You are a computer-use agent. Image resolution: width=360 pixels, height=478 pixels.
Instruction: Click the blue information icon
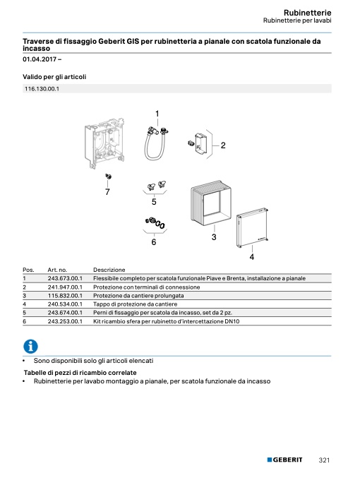(30, 346)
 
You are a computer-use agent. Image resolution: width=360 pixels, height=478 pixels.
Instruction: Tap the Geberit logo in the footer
(284, 460)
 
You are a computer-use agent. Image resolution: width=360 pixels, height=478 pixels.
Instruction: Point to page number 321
(324, 460)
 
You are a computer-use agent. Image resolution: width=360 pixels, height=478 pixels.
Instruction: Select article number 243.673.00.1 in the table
(65, 278)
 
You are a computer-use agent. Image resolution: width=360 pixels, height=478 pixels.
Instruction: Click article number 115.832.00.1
(65, 295)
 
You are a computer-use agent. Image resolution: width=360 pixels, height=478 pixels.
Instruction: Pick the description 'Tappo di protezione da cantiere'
(135, 304)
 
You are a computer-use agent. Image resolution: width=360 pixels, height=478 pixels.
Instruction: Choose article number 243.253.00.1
(65, 321)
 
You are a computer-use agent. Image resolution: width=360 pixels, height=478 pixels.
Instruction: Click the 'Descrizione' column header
(109, 270)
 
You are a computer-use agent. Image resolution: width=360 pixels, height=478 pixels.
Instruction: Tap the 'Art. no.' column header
(57, 270)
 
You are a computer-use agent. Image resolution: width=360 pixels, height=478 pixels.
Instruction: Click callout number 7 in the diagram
(107, 192)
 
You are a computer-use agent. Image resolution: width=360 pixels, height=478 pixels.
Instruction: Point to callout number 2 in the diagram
(223, 145)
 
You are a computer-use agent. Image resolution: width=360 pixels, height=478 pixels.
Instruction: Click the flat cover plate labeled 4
(253, 227)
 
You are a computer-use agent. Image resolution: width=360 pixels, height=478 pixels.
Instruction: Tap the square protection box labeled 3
(210, 203)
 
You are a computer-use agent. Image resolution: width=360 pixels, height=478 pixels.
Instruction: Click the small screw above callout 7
(108, 177)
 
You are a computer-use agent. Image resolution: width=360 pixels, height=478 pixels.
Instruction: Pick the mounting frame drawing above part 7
(104, 143)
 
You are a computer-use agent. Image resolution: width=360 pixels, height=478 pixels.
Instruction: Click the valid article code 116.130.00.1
(42, 89)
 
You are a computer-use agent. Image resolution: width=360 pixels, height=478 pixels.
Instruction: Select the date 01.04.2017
(40, 59)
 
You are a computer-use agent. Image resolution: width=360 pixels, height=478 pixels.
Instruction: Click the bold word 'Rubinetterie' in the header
(307, 13)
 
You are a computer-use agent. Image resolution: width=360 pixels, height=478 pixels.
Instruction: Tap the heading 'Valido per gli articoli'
(54, 77)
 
